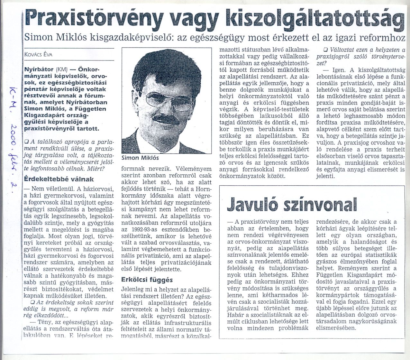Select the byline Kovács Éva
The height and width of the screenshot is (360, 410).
point(38,54)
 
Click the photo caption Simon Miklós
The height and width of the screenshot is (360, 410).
point(140,158)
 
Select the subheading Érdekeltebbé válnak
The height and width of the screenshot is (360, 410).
point(59,179)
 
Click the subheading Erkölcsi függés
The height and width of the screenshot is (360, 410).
point(147,280)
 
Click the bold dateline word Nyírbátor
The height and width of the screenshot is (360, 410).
point(39,69)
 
